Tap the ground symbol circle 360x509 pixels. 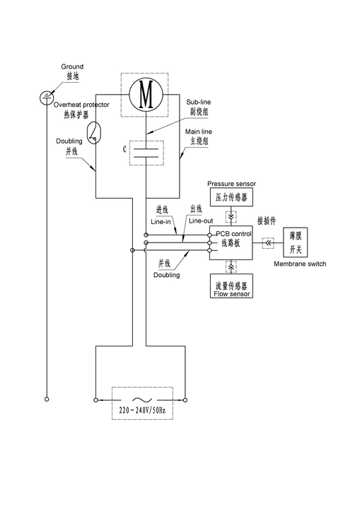pos(47,98)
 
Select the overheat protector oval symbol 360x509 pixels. pos(94,133)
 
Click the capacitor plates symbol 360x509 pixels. pos(146,153)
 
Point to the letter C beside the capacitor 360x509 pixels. pos(124,149)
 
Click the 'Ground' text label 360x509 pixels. pos(72,66)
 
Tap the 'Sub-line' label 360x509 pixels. pos(198,102)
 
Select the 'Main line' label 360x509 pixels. pos(199,131)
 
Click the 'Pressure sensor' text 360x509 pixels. pos(232,184)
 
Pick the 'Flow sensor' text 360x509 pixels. pos(232,294)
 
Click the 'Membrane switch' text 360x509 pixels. pos(300,264)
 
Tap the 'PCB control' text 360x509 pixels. pos(234,234)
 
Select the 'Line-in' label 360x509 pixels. pos(161,222)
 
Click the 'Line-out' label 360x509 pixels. pos(201,221)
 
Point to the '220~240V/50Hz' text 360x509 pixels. pos(142,410)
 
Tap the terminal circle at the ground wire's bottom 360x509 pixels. pos(47,399)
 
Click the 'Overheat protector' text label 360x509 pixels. pos(81,105)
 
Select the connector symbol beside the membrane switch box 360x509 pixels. pos(268,243)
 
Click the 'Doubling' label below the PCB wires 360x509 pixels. pos(166,275)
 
